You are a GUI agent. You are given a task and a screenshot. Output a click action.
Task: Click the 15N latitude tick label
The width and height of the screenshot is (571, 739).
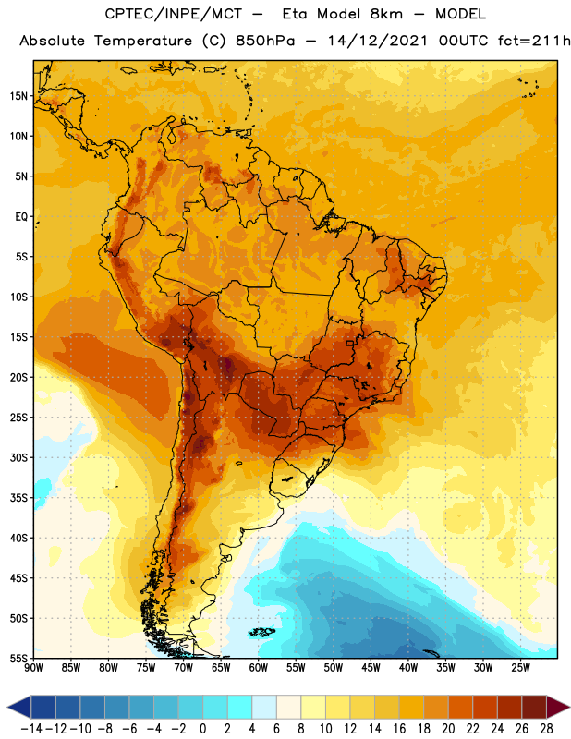(18, 96)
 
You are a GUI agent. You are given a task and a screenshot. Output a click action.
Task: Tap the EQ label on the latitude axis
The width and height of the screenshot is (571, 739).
(21, 217)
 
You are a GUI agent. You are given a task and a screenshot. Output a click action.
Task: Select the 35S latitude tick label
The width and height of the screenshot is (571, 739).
(18, 498)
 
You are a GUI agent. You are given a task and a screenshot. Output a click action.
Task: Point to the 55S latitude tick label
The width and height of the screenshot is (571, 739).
(18, 659)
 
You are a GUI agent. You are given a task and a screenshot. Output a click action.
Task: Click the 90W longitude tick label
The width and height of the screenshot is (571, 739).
(33, 667)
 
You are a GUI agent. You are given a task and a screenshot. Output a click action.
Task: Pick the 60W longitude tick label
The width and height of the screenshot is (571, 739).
(259, 667)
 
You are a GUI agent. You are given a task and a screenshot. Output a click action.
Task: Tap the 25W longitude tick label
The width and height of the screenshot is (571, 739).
(520, 667)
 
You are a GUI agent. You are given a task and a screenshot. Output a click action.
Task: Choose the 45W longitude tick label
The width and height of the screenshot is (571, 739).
(371, 667)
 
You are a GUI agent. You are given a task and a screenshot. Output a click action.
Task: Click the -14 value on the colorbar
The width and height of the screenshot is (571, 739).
(31, 729)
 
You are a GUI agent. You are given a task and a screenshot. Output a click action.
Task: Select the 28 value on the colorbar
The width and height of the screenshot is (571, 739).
(546, 729)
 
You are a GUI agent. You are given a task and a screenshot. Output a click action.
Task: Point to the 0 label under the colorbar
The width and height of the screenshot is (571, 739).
(202, 729)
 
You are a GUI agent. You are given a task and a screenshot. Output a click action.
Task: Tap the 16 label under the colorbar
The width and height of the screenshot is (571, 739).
(399, 729)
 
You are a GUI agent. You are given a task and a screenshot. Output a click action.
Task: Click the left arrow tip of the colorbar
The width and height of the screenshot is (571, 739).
(7, 708)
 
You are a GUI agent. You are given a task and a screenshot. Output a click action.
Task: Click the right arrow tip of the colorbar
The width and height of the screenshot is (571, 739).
(569, 708)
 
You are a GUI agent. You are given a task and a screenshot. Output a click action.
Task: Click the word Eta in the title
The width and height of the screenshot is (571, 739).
(295, 14)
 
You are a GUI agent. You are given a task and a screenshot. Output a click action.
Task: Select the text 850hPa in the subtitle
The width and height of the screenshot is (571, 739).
(264, 41)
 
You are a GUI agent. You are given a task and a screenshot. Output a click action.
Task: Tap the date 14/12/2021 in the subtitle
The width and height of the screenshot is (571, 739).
(377, 41)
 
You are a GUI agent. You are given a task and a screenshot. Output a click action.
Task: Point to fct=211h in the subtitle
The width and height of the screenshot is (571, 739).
(534, 41)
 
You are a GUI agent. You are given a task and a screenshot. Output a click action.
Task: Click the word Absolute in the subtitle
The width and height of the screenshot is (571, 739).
(53, 41)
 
